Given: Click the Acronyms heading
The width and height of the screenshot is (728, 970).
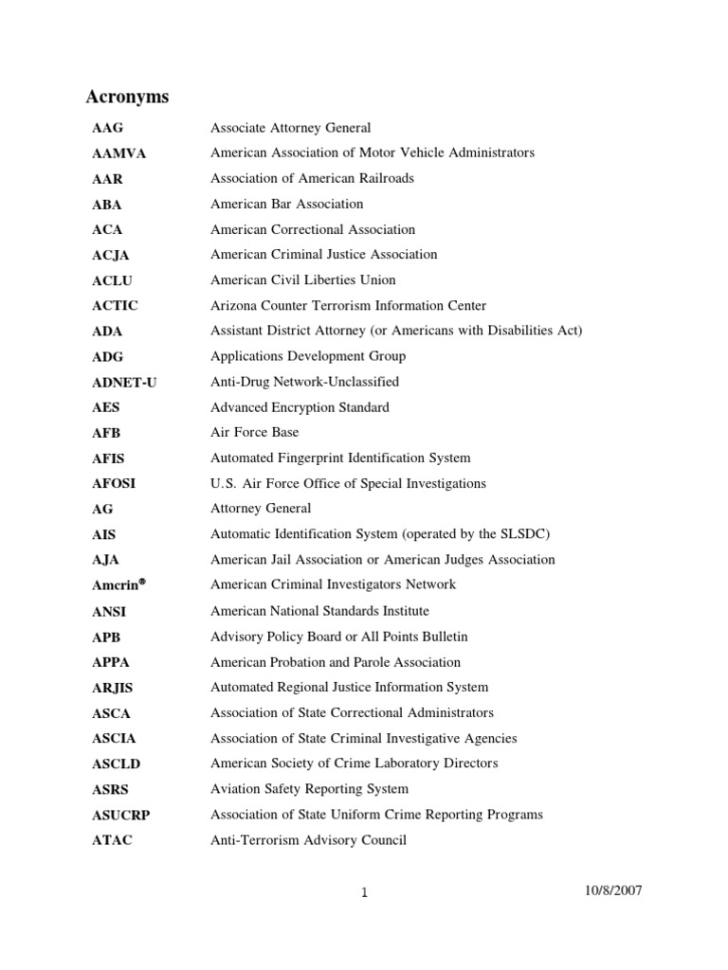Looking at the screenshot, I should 127,97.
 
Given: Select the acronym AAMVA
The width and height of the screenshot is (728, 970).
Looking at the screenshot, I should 118,153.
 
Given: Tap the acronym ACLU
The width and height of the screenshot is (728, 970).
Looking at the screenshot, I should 111,280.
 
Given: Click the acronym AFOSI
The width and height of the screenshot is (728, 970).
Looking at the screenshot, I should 114,484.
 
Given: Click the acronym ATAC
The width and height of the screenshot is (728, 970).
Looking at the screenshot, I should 112,840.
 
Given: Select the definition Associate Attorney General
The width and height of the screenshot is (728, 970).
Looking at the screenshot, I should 290,128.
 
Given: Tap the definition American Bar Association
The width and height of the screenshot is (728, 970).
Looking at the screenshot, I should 286,204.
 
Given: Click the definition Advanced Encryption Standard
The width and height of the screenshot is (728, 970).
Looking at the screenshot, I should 300,407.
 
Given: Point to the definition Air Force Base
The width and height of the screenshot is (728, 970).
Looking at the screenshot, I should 254,432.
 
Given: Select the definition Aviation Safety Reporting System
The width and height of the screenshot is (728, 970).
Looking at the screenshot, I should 309,789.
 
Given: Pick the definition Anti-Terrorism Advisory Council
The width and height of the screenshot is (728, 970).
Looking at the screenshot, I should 308,840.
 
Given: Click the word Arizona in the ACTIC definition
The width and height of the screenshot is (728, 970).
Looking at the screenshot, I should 233,306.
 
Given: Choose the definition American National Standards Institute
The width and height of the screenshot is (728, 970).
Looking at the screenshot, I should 319,611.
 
